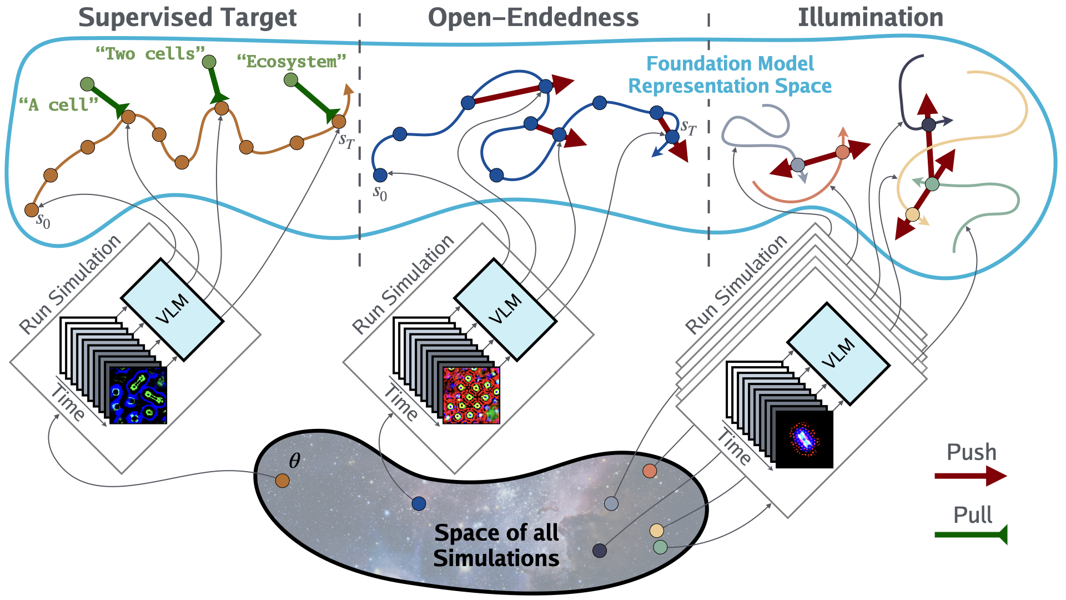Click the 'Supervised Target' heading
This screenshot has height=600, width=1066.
click(x=188, y=18)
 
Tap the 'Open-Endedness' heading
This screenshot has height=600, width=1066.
click(x=533, y=18)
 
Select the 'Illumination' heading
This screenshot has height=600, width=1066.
click(x=870, y=18)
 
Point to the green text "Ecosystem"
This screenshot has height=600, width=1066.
click(x=291, y=62)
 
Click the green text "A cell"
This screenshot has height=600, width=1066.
click(x=58, y=104)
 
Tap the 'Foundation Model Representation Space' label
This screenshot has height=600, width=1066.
click(x=730, y=75)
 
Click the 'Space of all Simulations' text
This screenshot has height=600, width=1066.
click(x=496, y=545)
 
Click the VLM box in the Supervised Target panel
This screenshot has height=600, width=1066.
click(x=172, y=309)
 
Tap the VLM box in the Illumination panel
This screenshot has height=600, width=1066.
click(x=838, y=353)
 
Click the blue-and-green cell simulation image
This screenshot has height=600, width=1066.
click(x=138, y=395)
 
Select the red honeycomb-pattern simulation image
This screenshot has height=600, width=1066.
click(x=471, y=395)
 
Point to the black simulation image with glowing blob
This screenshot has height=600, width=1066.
click(x=804, y=439)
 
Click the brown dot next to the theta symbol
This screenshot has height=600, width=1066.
click(x=282, y=481)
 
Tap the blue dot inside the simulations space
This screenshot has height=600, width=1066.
click(x=419, y=503)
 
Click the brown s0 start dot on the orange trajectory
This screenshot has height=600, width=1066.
click(x=32, y=210)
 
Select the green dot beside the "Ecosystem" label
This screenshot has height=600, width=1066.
click(x=290, y=80)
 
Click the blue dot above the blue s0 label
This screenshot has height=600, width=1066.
click(x=380, y=176)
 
